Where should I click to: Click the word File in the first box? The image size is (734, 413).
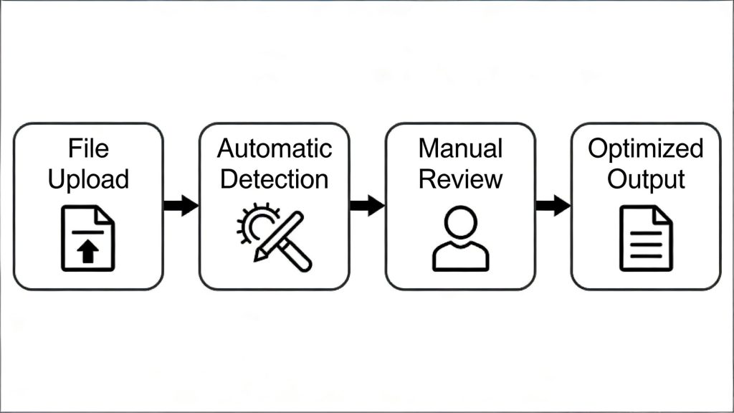coord(88,148)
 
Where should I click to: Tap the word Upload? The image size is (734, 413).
coord(88,179)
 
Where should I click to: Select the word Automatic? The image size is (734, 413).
coord(275,148)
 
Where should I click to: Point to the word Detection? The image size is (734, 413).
coord(275,179)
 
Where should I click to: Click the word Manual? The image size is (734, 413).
coord(460,148)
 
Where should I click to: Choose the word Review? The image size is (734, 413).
coord(460,179)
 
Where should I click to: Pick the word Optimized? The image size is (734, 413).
coord(645,148)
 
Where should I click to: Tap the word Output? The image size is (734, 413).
coord(645,179)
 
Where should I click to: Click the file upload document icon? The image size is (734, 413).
coord(87,238)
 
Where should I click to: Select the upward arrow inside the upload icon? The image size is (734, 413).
coord(87,252)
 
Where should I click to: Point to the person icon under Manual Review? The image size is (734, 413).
coord(460,238)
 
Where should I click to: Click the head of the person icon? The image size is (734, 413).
coord(460,222)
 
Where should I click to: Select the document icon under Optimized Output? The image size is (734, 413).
coord(645,238)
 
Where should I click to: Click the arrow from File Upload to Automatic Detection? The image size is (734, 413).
coord(181,205)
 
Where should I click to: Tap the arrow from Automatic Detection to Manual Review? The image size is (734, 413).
coord(367,205)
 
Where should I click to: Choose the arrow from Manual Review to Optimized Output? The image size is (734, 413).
coord(553,205)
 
